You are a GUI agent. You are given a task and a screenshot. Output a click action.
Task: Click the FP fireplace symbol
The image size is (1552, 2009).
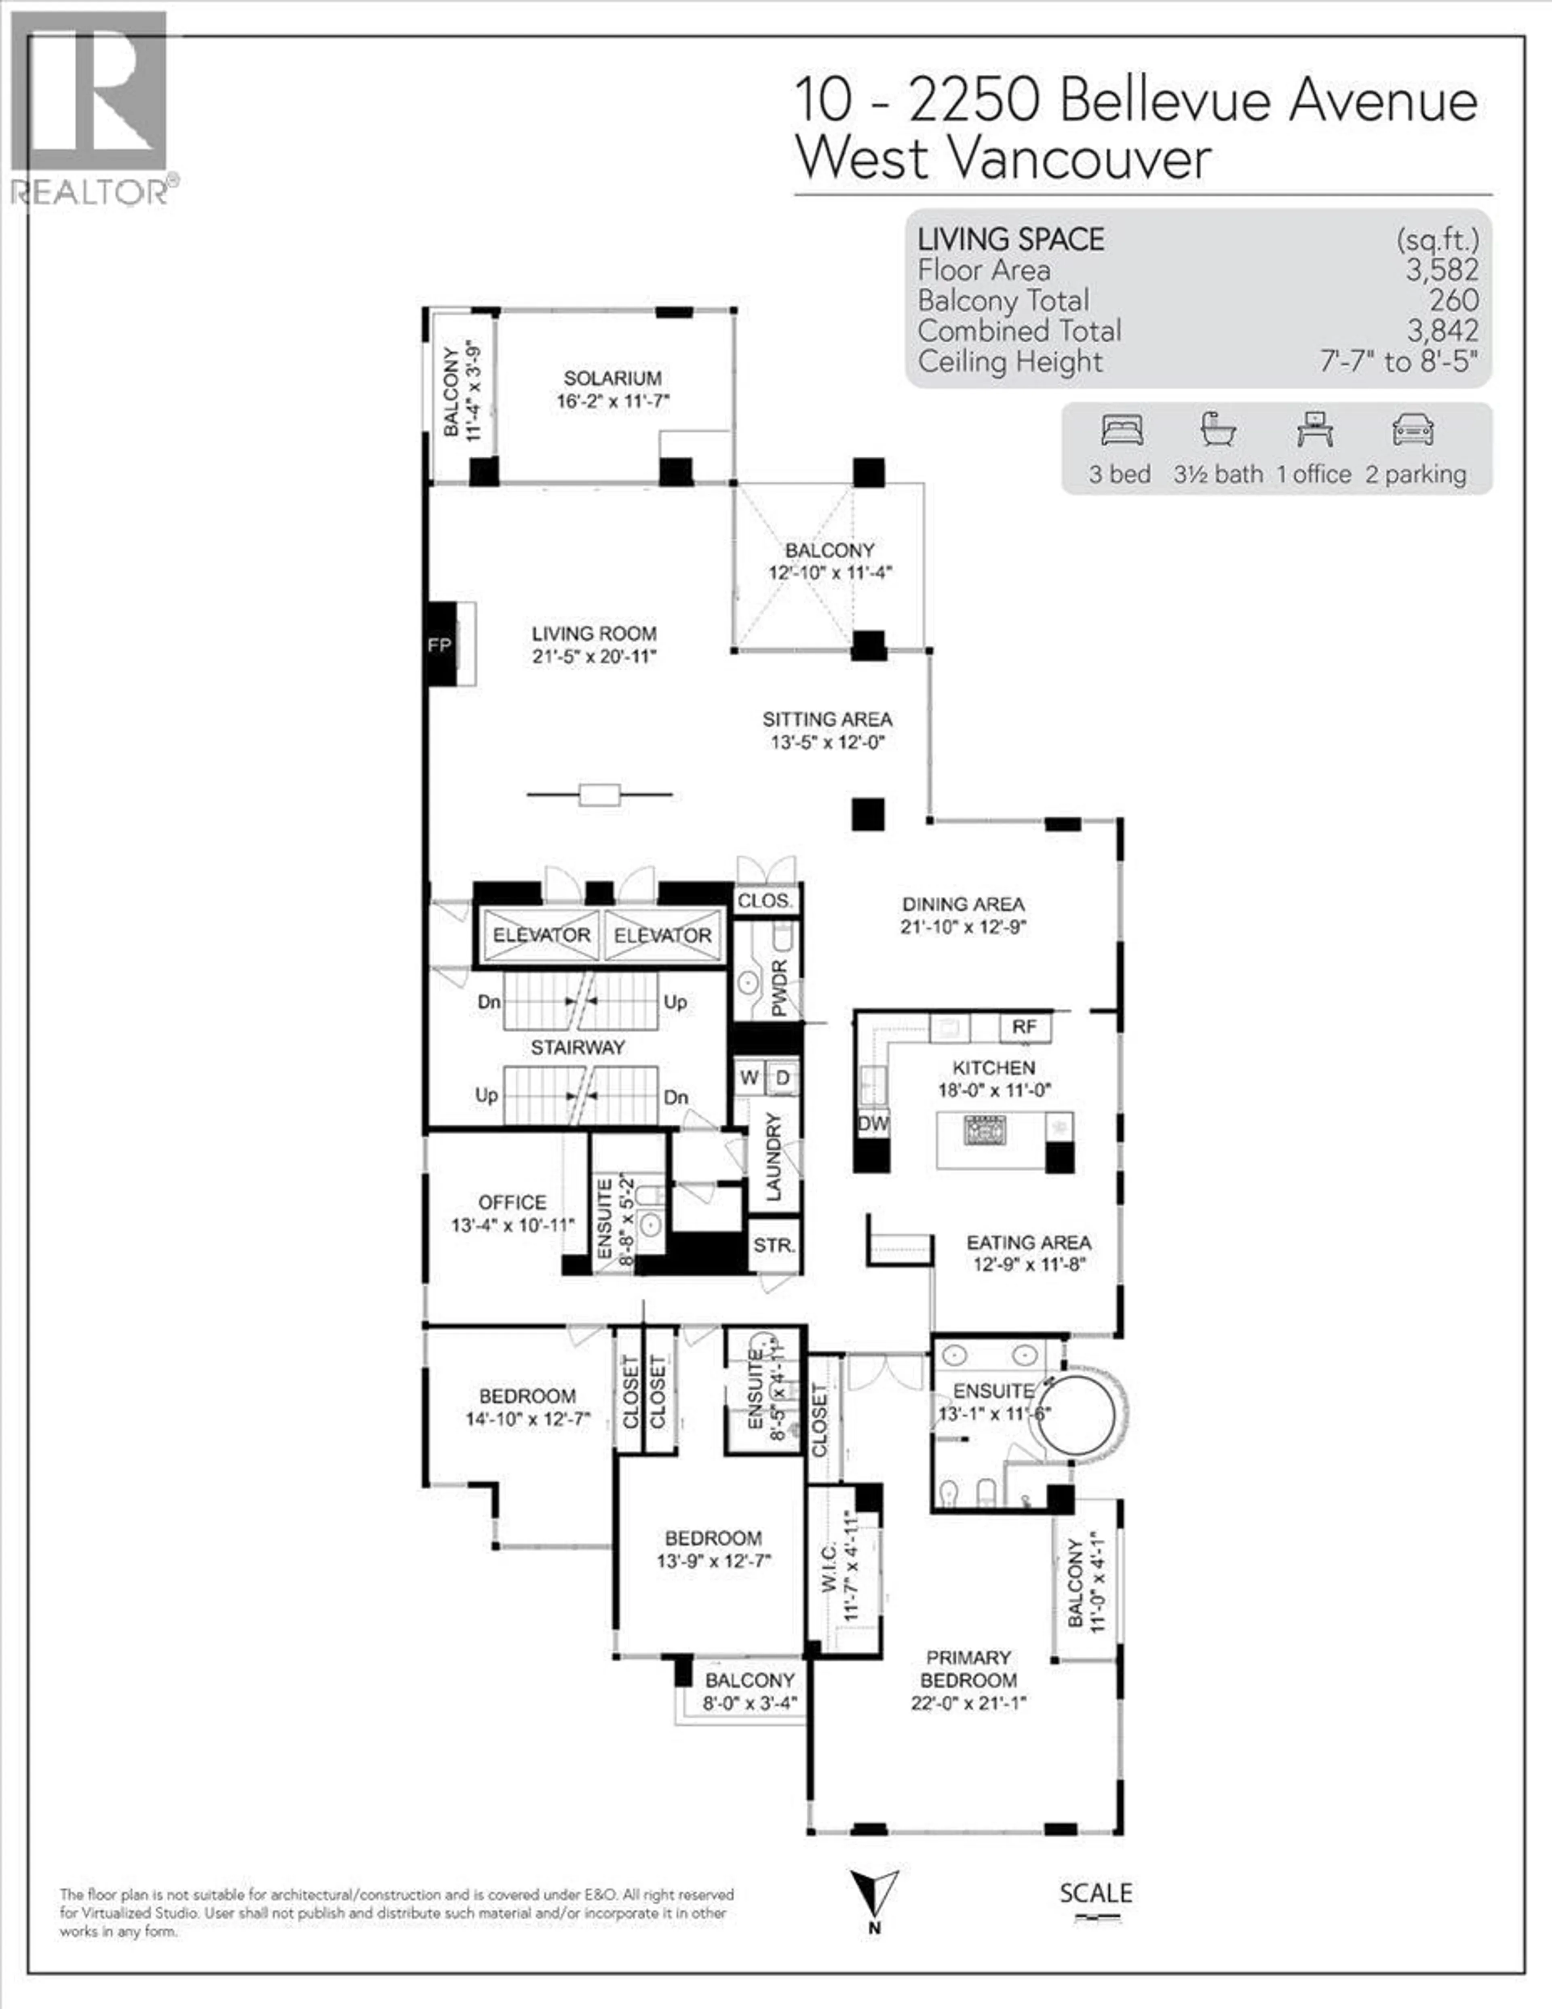tap(440, 645)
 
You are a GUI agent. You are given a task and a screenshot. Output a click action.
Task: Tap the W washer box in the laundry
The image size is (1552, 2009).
tap(749, 1077)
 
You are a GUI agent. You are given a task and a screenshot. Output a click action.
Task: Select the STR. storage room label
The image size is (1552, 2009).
tap(774, 1246)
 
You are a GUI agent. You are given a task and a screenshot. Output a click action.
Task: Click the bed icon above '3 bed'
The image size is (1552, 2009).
tap(1122, 430)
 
